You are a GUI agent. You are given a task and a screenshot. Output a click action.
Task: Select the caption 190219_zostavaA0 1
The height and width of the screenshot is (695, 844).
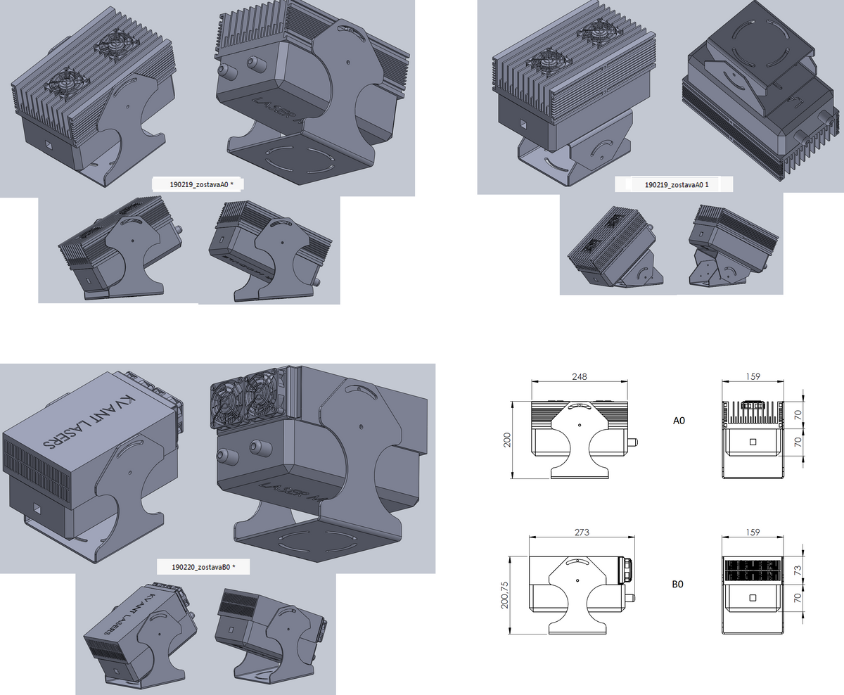(x=674, y=185)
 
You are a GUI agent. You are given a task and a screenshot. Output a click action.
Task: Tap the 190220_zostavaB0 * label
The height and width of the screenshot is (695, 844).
(x=203, y=566)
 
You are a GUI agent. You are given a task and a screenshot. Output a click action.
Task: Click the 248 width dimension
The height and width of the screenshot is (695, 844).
(x=579, y=377)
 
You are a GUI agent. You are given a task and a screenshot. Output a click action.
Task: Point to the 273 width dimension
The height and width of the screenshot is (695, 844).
(x=582, y=532)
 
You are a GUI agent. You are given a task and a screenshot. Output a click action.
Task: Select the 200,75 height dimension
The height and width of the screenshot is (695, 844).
(x=503, y=595)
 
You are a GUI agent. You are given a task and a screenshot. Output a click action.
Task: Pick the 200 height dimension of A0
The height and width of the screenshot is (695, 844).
(x=506, y=441)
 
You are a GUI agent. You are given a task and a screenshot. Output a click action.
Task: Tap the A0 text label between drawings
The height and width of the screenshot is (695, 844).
(x=679, y=421)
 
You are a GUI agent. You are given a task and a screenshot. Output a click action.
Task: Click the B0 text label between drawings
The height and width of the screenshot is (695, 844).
(x=677, y=584)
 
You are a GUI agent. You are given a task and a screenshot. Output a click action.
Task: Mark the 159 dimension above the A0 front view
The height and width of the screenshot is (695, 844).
(x=753, y=377)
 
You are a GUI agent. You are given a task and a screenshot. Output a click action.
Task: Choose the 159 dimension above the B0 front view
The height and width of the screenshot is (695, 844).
(x=753, y=532)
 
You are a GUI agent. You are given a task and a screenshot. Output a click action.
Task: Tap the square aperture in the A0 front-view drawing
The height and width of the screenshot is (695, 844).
(x=753, y=442)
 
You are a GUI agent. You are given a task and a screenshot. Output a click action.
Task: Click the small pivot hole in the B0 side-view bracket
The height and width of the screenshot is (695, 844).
(x=577, y=580)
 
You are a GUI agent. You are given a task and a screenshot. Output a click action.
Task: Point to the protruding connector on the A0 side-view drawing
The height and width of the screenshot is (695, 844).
(x=632, y=442)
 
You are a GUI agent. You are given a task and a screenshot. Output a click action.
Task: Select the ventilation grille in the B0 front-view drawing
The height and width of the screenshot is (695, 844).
(x=753, y=570)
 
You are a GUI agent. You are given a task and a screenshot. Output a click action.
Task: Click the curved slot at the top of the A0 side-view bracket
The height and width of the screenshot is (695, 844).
(x=578, y=406)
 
